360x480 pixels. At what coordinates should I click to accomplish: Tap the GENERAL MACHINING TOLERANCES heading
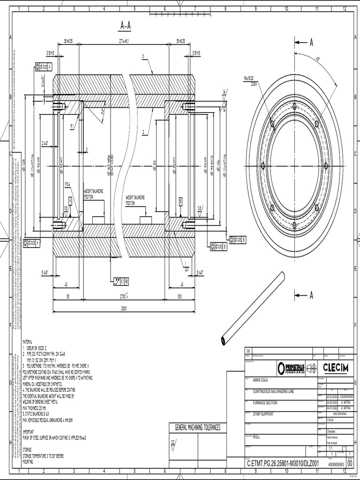pos(197,427)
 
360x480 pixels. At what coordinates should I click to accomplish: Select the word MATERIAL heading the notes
pos(30,343)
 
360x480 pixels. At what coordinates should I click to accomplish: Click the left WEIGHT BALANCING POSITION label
pos(93,193)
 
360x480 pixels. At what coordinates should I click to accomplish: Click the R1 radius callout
pos(72,126)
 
